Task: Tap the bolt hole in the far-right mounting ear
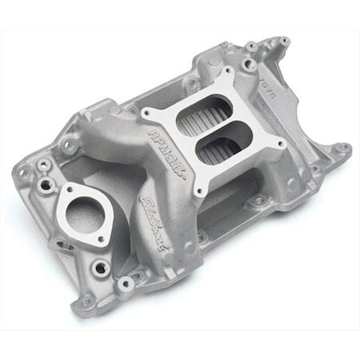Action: pyautogui.click(x=343, y=148)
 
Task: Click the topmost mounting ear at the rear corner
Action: pyautogui.click(x=284, y=39)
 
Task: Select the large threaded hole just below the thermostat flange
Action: pyautogui.click(x=99, y=266)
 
